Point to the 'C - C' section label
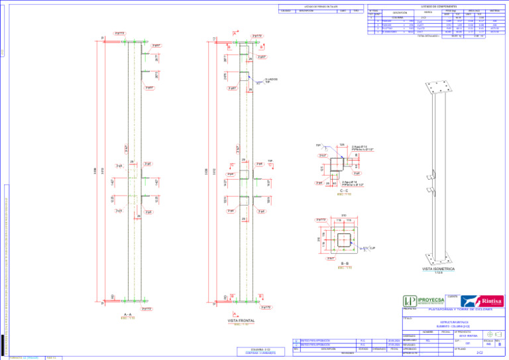[x=345, y=190]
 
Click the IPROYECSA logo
[x=425, y=301]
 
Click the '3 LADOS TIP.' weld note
[x=270, y=80]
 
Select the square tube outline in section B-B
[x=345, y=239]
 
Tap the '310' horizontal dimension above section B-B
[x=344, y=215]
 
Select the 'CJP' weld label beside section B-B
[x=372, y=247]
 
